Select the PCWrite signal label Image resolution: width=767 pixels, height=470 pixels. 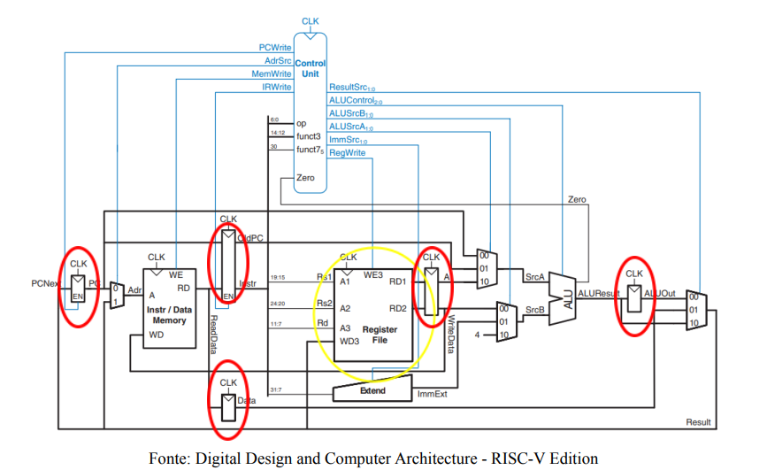274,47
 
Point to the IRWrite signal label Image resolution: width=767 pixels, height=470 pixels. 276,88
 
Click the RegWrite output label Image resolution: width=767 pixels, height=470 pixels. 347,153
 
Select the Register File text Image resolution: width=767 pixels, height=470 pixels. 380,335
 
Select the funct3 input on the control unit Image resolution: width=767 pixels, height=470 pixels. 309,135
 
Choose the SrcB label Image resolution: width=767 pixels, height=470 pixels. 533,310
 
